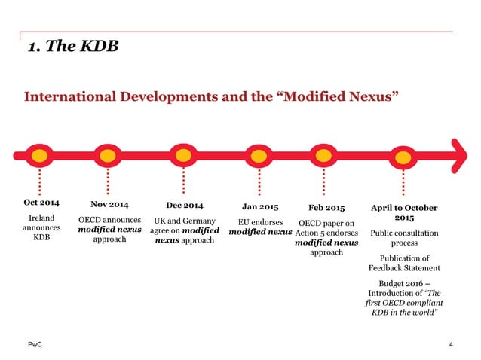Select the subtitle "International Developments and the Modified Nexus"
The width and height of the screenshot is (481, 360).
pyautogui.click(x=212, y=96)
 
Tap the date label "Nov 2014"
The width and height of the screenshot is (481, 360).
pyautogui.click(x=109, y=204)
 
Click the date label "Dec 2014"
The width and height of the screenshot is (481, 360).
pyautogui.click(x=183, y=204)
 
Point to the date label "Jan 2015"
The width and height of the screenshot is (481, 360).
pyautogui.click(x=260, y=206)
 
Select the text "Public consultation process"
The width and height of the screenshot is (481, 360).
pyautogui.click(x=404, y=239)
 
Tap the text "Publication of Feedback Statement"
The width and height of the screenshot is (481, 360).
pyautogui.click(x=404, y=263)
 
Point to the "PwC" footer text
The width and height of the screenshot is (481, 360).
pyautogui.click(x=32, y=344)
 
